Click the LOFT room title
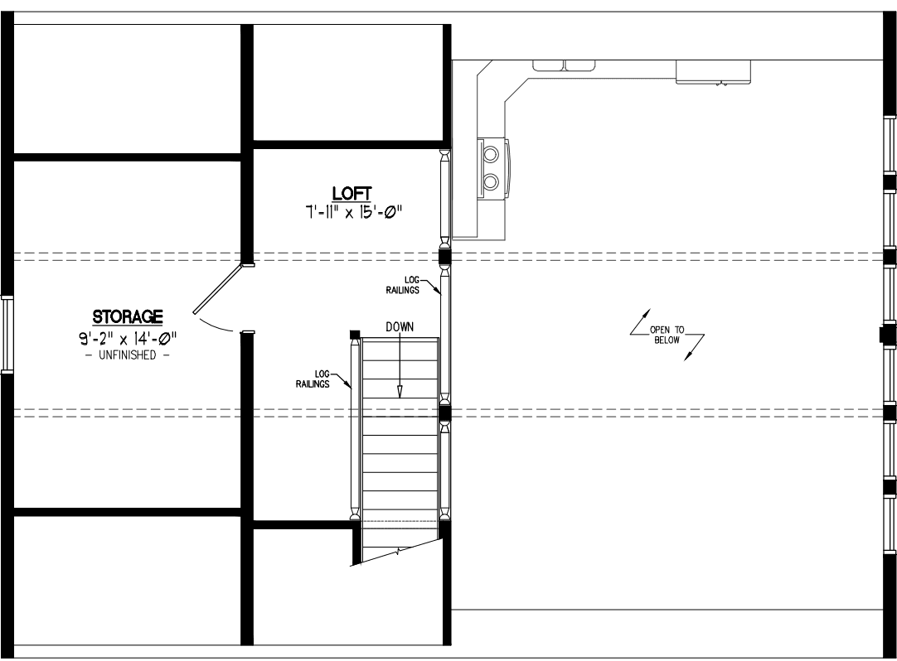352,193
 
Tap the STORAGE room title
128,316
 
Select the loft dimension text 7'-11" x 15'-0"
353,213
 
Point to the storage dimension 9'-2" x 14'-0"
128,338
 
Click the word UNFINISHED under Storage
127,355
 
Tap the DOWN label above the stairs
400,327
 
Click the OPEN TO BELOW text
667,335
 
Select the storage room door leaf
217,289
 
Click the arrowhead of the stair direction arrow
400,391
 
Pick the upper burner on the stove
491,154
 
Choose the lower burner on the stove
491,182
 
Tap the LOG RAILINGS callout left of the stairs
313,379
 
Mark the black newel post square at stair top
355,334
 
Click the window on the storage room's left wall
7,335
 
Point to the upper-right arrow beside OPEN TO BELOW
640,322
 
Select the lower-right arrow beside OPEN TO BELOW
695,347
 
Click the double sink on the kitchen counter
565,65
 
